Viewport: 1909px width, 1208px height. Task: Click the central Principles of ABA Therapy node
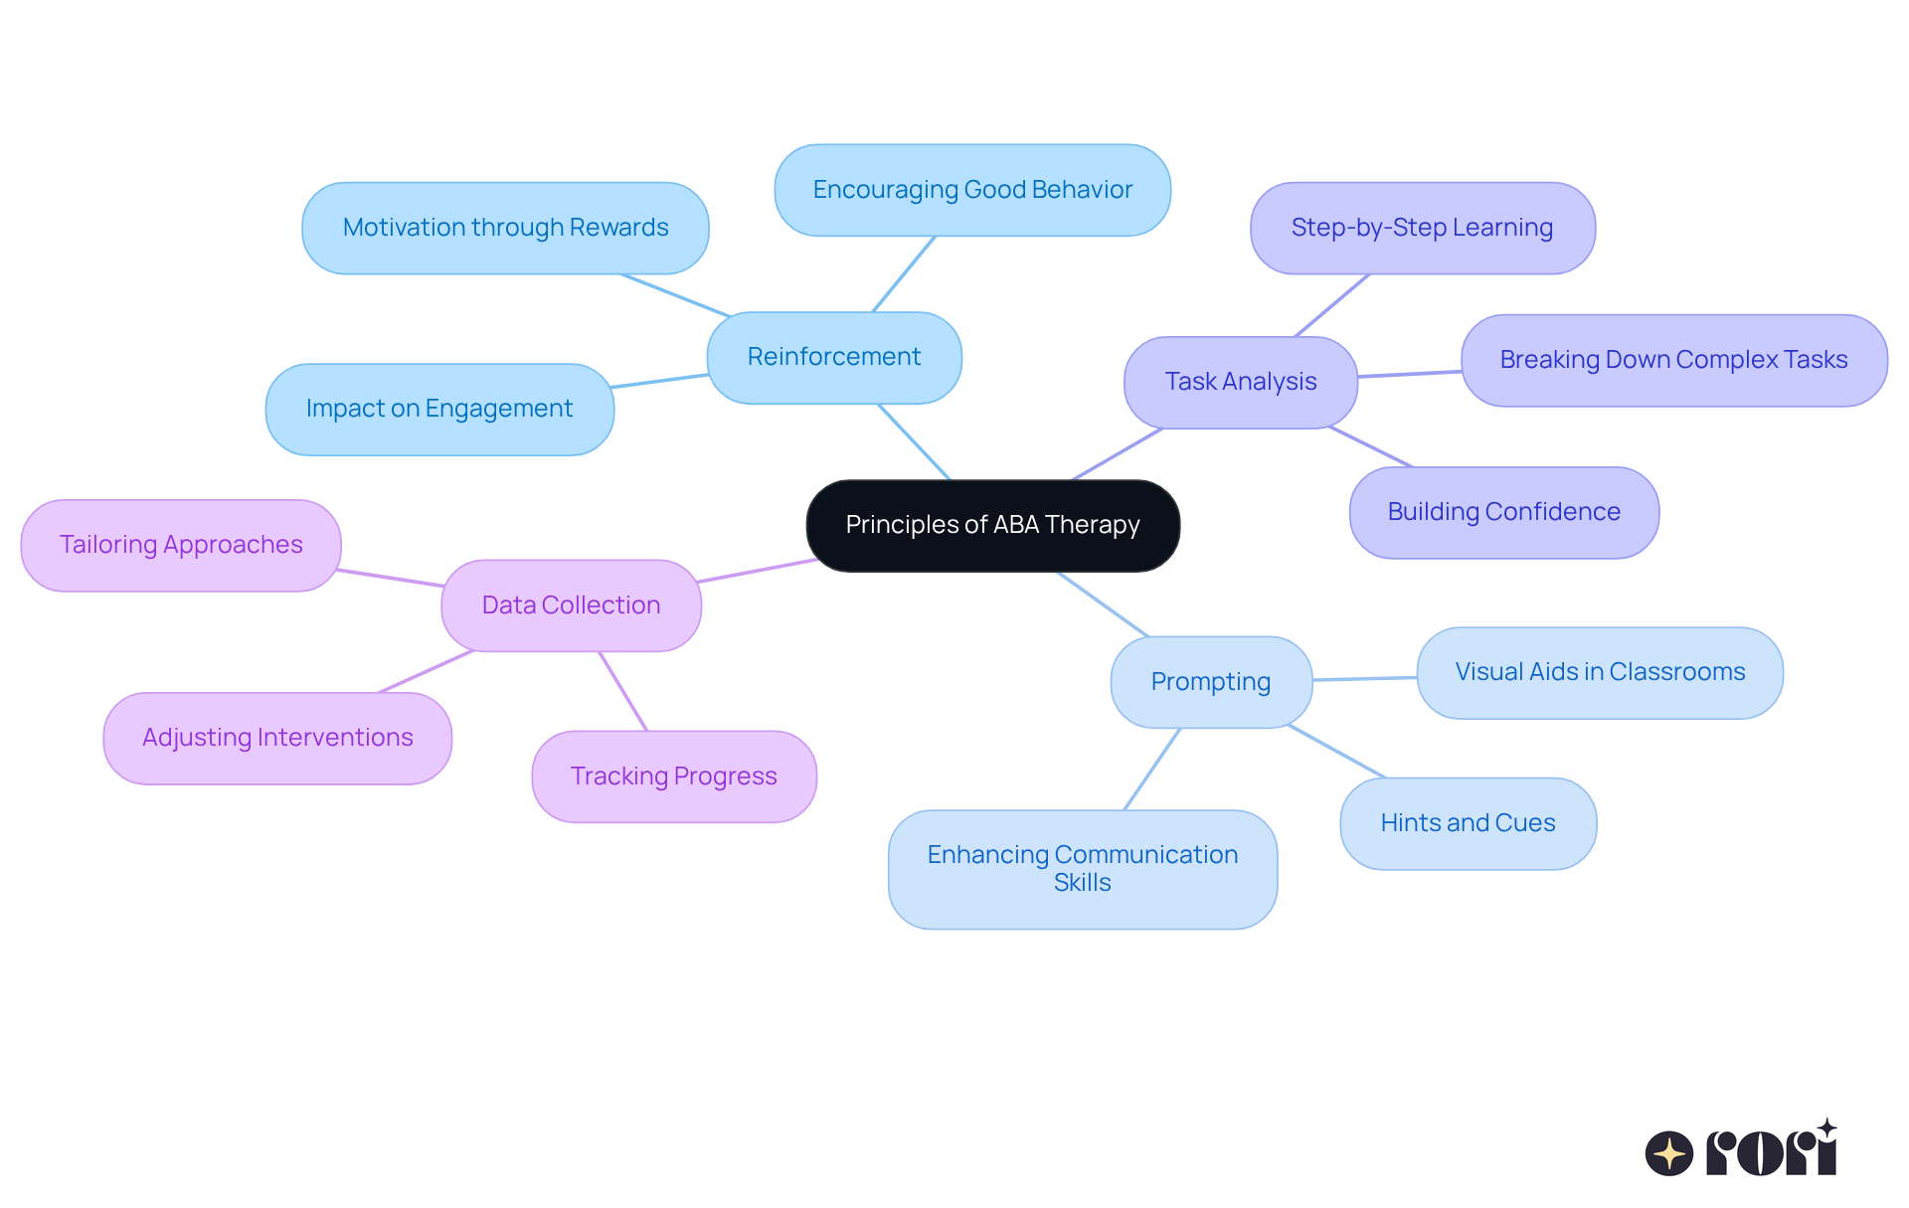992,525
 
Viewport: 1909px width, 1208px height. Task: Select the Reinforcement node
833,357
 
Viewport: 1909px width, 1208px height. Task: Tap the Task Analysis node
1240,382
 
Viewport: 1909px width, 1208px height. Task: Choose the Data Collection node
571,604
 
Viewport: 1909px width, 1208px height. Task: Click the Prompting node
1210,682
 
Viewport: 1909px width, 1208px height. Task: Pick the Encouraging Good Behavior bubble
971,190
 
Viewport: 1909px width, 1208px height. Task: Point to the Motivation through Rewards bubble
505,228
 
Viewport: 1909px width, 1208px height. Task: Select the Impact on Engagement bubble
438,409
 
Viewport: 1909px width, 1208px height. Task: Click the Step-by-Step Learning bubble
1422,228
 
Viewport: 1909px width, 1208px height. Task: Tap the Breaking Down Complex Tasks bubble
1673,360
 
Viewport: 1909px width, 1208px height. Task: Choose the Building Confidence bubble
1503,512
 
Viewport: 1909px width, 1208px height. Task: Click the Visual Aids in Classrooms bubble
1599,672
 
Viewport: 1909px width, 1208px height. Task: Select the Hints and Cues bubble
1468,823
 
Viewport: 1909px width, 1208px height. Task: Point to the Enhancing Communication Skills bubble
1082,869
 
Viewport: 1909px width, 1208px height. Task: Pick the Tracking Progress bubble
673,777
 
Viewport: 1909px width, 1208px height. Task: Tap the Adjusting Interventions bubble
277,738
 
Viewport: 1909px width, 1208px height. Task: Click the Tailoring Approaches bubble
180,545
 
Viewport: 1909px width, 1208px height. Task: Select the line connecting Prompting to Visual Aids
1364,679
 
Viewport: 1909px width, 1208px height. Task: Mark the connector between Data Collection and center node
756,572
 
